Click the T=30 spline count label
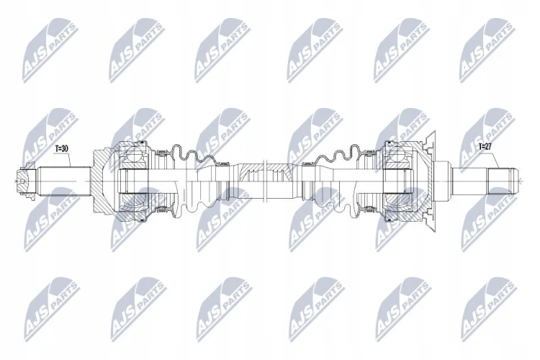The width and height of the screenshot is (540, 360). [x=62, y=148]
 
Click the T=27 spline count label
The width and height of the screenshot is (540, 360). [x=485, y=146]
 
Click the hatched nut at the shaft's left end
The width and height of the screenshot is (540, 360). [x=24, y=181]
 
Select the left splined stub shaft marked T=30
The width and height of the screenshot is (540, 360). [x=63, y=181]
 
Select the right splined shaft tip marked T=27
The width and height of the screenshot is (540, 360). [x=502, y=181]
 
